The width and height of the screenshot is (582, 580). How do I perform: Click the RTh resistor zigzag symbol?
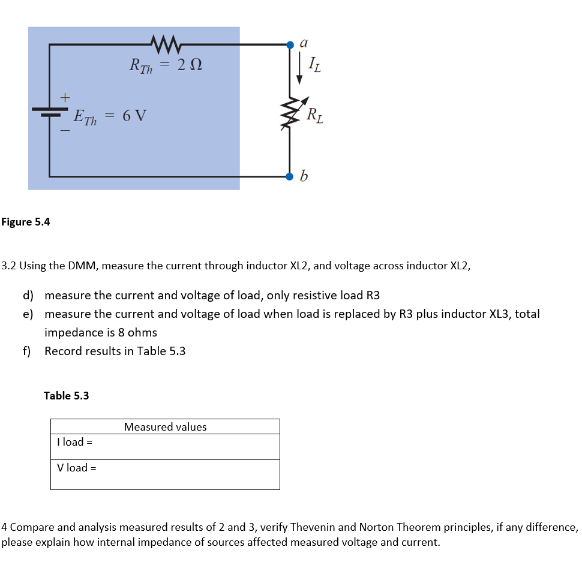coord(163,43)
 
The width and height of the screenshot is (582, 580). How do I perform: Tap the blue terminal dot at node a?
coord(290,44)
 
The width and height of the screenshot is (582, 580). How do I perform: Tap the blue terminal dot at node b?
coord(290,176)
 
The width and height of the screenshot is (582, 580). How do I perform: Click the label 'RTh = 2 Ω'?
coord(166,64)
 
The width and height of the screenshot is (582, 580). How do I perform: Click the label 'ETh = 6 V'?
coord(109,115)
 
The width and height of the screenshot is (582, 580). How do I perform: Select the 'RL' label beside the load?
coord(314,113)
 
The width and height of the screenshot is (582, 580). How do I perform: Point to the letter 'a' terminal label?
coord(304,43)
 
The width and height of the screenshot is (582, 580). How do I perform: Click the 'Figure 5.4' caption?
coord(26,222)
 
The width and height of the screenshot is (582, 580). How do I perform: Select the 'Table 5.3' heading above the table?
coord(67,395)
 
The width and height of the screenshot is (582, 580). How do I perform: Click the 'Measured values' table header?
coord(165,427)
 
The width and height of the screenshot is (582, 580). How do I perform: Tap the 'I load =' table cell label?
coord(74,442)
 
